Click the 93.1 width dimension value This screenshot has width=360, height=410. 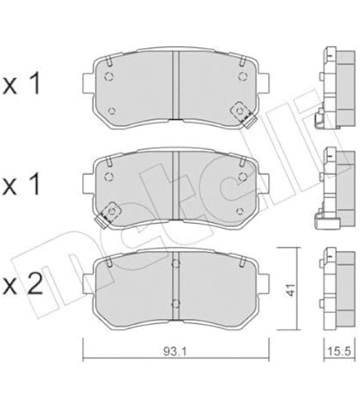[175, 351]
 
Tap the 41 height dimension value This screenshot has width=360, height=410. [290, 289]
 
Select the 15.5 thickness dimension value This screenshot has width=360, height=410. [338, 351]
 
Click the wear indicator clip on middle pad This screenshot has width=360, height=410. [108, 215]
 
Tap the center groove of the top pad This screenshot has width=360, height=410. [175, 85]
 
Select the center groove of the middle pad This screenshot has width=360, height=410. [175, 186]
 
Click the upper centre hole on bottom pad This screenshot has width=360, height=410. [175, 264]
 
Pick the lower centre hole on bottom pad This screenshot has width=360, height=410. [175, 304]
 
